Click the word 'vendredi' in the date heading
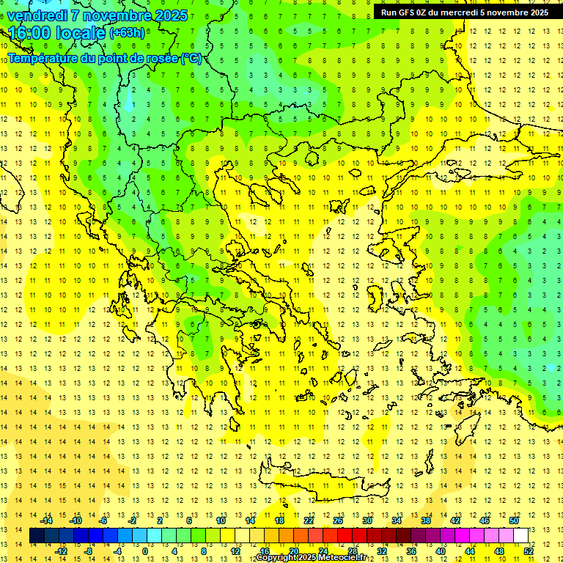[x=37, y=15]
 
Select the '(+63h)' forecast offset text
[x=127, y=33]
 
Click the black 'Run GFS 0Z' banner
[x=464, y=12]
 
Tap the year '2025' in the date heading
[x=166, y=15]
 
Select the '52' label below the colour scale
[x=529, y=551]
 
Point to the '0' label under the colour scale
[x=145, y=551]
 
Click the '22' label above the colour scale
[x=309, y=520]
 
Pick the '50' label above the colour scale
[x=514, y=520]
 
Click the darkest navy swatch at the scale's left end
[x=37, y=536]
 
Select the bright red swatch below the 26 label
[x=345, y=536]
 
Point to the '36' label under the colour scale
[x=411, y=551]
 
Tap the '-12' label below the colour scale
[x=61, y=551]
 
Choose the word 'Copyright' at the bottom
[x=276, y=559]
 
